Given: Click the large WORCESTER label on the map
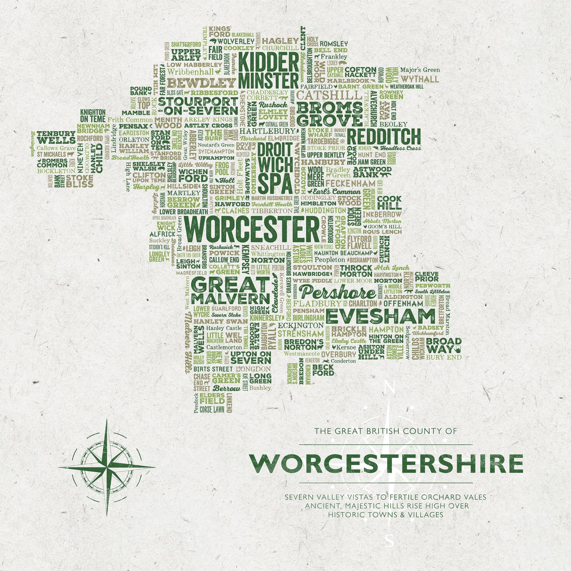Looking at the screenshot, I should point(252,230).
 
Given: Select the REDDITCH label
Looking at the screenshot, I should point(384,137).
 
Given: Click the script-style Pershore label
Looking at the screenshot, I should point(337,293).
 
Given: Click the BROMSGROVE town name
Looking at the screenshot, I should point(329,114).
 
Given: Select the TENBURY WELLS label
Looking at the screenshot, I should point(56,137).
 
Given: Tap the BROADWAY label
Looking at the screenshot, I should point(443,345).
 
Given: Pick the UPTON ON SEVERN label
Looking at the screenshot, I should point(251,357).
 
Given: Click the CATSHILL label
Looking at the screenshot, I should point(329,95).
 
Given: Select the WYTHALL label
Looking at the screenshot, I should point(420,79).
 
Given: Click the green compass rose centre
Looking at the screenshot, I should point(107,467).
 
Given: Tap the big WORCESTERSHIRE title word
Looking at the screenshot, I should point(386,464).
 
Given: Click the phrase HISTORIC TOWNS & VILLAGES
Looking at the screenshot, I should point(385,514).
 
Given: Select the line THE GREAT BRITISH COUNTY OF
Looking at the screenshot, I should point(385,431).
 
